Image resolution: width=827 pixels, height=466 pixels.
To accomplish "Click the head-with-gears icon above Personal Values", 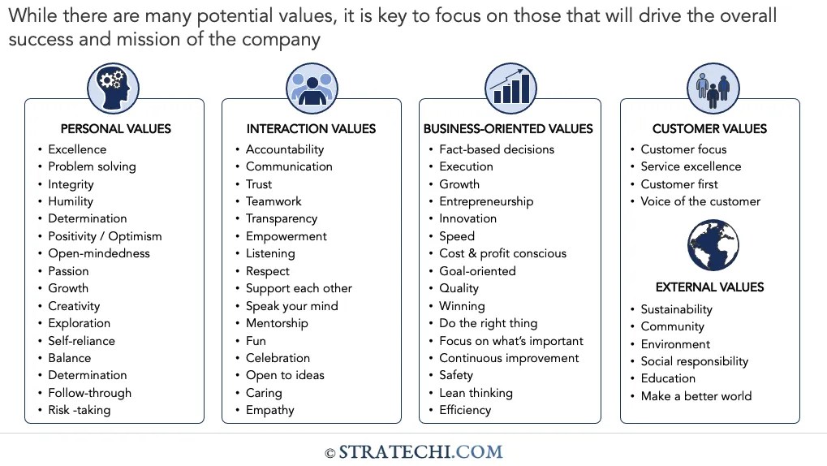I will (x=114, y=88).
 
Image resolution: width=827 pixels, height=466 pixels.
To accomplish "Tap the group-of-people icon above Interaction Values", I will (x=312, y=88).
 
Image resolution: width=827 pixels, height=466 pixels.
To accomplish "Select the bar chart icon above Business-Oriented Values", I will (x=510, y=88).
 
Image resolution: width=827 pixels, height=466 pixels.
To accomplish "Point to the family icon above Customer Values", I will (x=713, y=88).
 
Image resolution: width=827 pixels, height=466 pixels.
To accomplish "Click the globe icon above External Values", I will (x=713, y=245).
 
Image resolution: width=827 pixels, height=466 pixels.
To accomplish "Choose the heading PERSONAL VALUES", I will (x=115, y=128).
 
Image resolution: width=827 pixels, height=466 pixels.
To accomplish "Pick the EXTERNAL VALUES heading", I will (x=709, y=287).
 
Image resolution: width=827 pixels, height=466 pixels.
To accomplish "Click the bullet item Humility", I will (x=71, y=201).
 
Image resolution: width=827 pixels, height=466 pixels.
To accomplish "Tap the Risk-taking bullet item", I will (x=79, y=410).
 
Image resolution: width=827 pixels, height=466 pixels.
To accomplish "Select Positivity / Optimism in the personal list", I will (x=105, y=236).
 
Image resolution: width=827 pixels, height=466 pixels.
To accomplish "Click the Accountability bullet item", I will (x=285, y=149).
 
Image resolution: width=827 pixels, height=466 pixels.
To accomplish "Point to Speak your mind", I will (x=292, y=306).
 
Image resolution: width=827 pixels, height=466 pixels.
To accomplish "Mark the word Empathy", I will (x=270, y=410).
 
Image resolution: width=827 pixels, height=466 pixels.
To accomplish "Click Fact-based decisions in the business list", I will (x=497, y=149).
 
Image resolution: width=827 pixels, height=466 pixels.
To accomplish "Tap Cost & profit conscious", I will (x=502, y=253).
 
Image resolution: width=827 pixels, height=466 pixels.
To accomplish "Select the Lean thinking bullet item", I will (x=476, y=393).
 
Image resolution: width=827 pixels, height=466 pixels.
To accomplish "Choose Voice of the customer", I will (x=700, y=201).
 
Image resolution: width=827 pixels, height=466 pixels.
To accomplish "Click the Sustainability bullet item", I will (x=676, y=309).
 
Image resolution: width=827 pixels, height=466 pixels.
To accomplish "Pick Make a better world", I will (x=696, y=396).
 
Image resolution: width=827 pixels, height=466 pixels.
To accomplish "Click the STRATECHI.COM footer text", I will (x=420, y=452).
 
